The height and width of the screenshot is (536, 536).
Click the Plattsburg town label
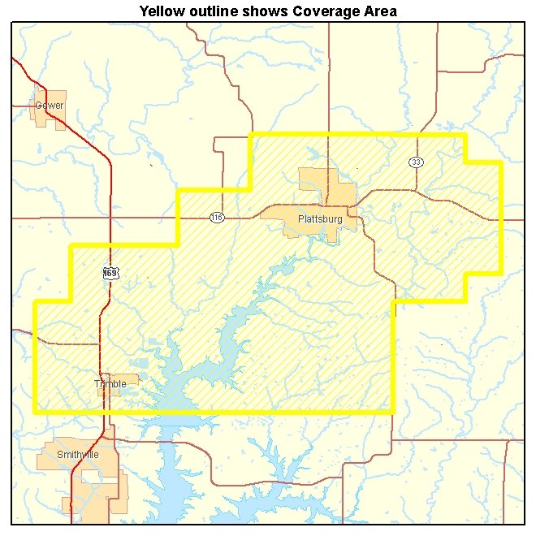pyautogui.click(x=320, y=219)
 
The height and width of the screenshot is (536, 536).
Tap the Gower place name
pyautogui.click(x=49, y=106)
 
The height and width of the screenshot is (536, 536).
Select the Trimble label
pyautogui.click(x=110, y=384)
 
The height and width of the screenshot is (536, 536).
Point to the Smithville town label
pyautogui.click(x=78, y=455)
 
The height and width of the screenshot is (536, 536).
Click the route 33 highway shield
pyautogui.click(x=417, y=162)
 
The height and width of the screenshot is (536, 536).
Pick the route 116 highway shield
pyautogui.click(x=216, y=218)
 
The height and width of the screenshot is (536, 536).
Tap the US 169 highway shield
pyautogui.click(x=111, y=274)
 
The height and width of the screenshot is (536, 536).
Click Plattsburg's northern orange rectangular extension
pyautogui.click(x=317, y=180)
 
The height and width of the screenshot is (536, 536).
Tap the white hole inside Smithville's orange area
pyautogui.click(x=104, y=485)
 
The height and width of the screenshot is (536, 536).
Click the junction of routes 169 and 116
pyautogui.click(x=110, y=218)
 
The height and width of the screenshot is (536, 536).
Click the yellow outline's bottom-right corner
pyautogui.click(x=393, y=411)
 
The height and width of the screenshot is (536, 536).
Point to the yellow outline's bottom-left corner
pyautogui.click(x=35, y=411)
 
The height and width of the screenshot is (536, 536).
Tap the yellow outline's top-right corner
pyautogui.click(x=465, y=135)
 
